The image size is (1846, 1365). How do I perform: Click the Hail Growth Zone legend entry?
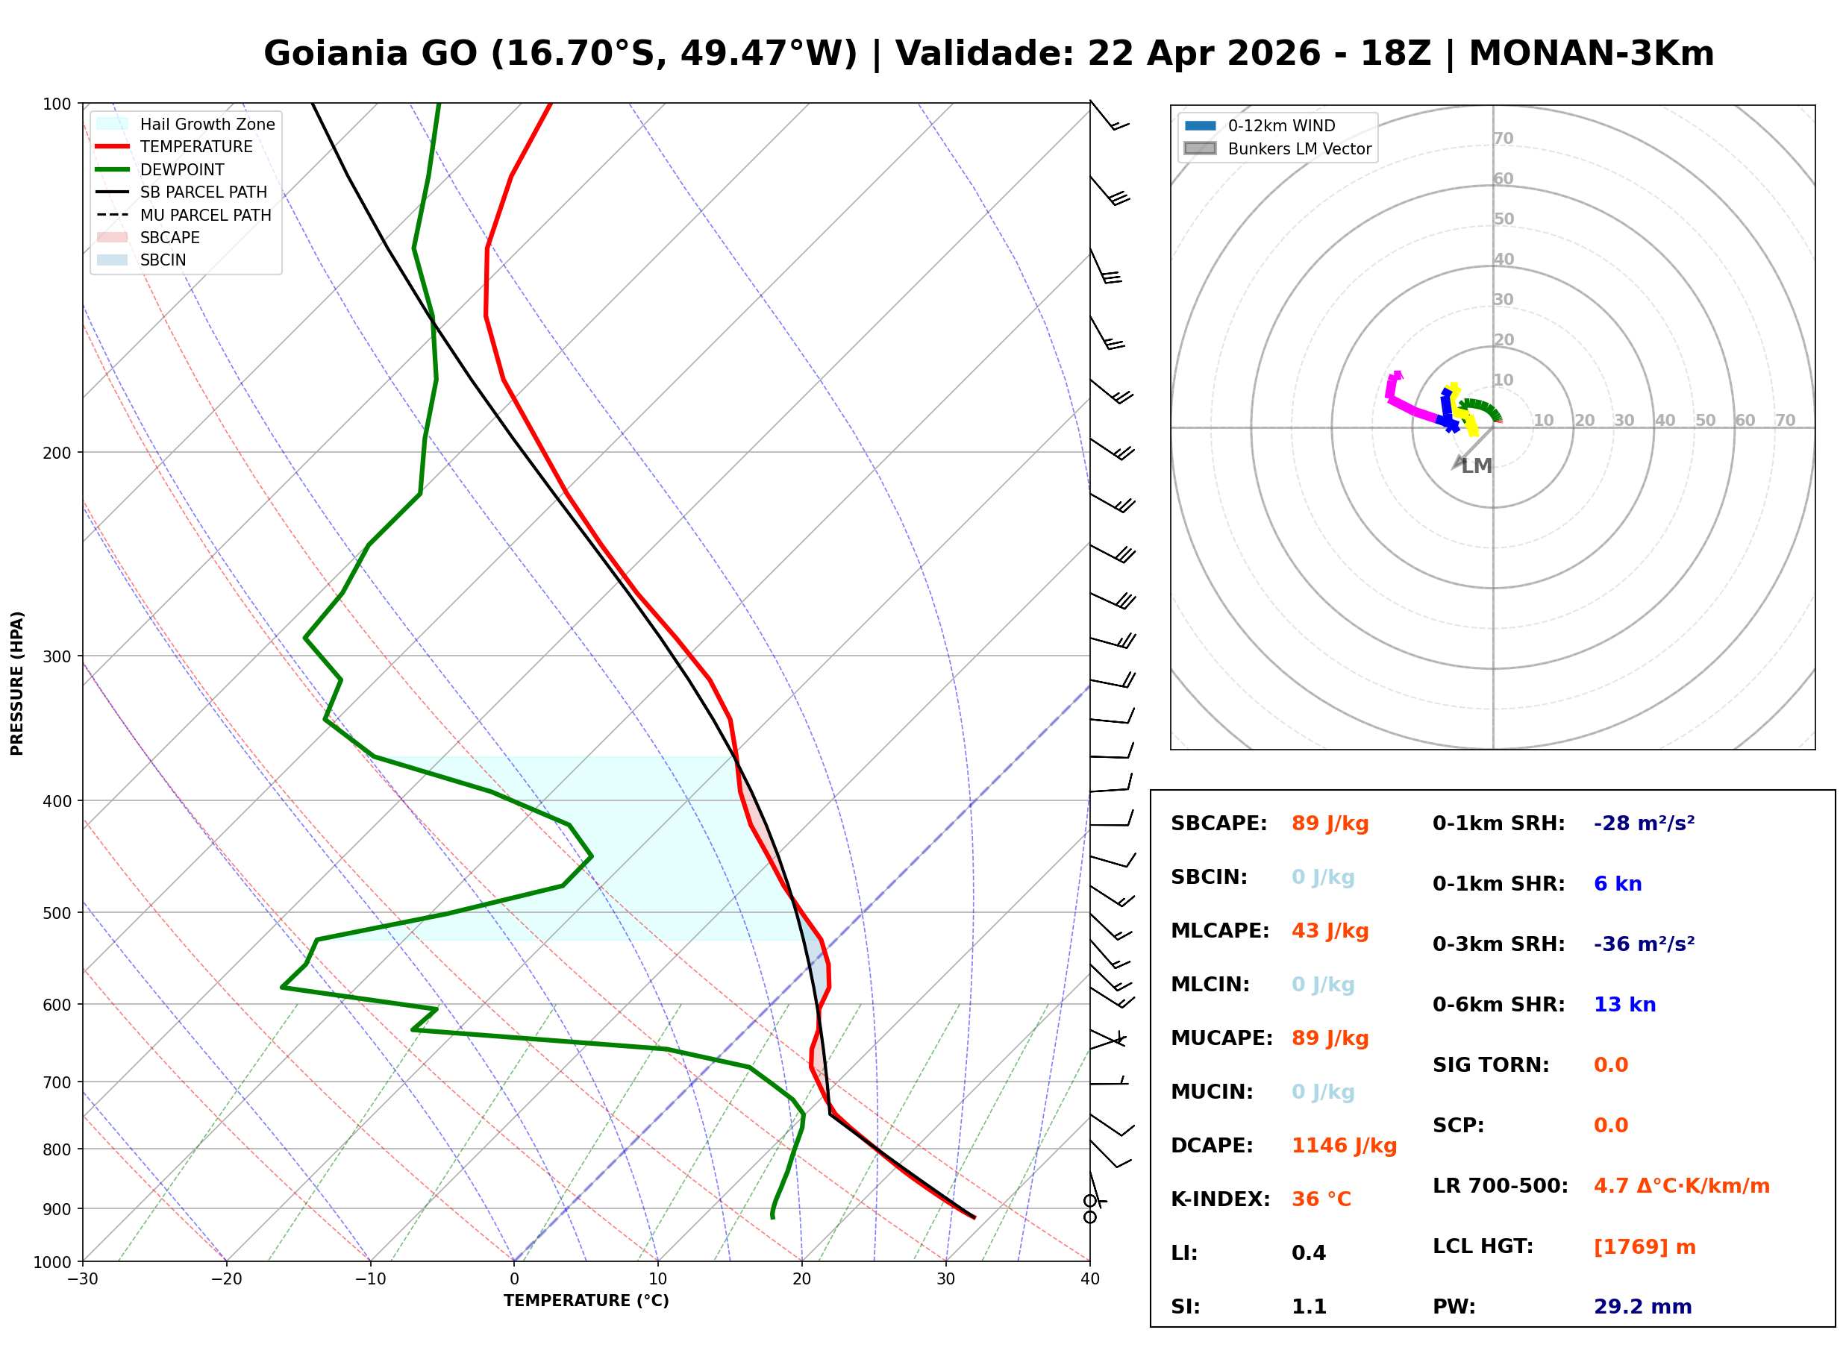(x=207, y=124)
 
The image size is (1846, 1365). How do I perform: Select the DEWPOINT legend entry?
(x=182, y=169)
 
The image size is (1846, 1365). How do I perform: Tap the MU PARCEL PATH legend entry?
(x=205, y=215)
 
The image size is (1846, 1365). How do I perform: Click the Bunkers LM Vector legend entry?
(x=1299, y=148)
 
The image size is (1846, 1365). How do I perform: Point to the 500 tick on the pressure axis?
(x=57, y=913)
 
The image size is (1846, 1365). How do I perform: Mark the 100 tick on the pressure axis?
(x=57, y=104)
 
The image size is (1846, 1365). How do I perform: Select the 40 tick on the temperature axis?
(x=1089, y=1279)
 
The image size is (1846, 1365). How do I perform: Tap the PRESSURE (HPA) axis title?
(x=17, y=683)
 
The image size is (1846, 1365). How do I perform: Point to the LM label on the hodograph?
(x=1477, y=466)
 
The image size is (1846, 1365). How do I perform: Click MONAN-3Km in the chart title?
(x=1591, y=54)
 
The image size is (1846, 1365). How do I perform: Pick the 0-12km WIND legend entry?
(x=1281, y=125)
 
